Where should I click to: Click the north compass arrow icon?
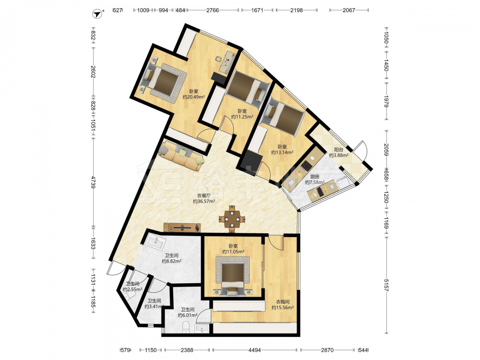[x=98, y=14]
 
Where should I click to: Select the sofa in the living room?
[x=181, y=155]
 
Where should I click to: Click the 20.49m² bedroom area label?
[x=193, y=97]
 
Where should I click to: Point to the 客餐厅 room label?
[x=204, y=196]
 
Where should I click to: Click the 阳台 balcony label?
[x=338, y=150]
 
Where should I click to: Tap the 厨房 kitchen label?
[x=315, y=177]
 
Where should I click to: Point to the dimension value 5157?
[x=386, y=285]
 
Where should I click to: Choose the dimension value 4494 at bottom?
[x=254, y=350]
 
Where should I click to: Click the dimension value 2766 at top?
[x=213, y=10]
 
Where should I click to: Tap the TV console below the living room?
[x=182, y=228]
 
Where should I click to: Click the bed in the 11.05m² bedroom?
[x=233, y=277]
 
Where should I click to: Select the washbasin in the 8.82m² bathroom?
[x=155, y=241]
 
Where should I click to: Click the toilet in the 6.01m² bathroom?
[x=186, y=327]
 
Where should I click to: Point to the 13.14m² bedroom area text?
[x=282, y=152]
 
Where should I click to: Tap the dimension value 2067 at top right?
[x=348, y=10]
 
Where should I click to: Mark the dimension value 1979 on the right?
[x=386, y=101]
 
